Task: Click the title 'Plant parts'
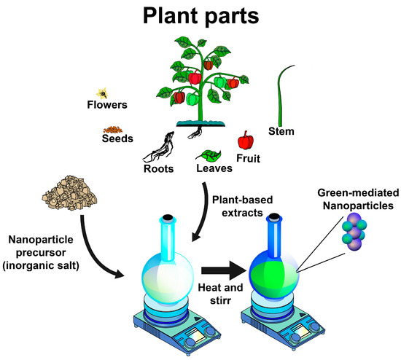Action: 200,17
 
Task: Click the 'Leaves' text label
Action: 214,169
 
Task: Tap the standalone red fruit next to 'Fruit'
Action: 246,139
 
